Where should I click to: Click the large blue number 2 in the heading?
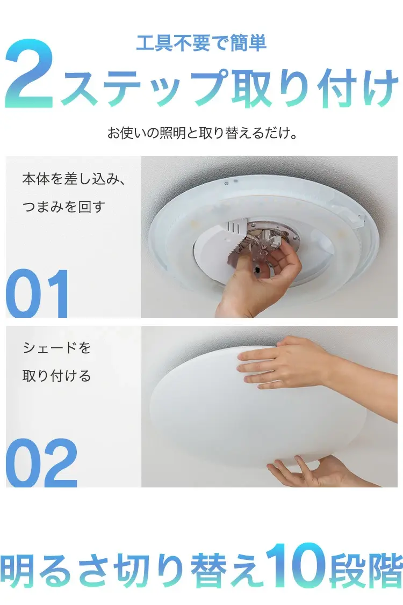(x=29, y=74)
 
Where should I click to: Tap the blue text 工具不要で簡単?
(x=201, y=43)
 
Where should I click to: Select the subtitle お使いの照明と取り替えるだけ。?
(x=203, y=133)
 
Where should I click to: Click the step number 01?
(x=38, y=294)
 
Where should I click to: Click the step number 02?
(x=42, y=463)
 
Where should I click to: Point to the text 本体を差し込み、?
(x=74, y=179)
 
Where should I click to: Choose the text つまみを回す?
(x=63, y=207)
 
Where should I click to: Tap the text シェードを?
(x=57, y=348)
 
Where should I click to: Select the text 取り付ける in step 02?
(x=57, y=376)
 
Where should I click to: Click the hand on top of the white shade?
(x=305, y=363)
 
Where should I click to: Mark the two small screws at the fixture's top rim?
(x=231, y=183)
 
